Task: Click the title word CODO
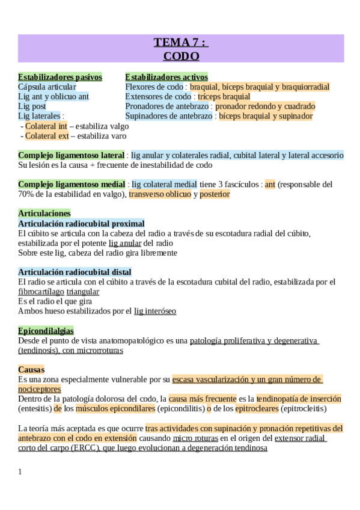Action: [181, 56]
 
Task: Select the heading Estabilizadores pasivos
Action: [60, 77]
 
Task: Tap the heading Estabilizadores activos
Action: [166, 77]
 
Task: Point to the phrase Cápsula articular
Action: [47, 87]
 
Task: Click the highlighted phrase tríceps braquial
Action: [224, 96]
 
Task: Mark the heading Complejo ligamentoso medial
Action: [72, 184]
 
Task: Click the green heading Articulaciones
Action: [44, 213]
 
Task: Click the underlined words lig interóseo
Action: [155, 311]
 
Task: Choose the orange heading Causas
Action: [31, 369]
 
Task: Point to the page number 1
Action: [20, 472]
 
